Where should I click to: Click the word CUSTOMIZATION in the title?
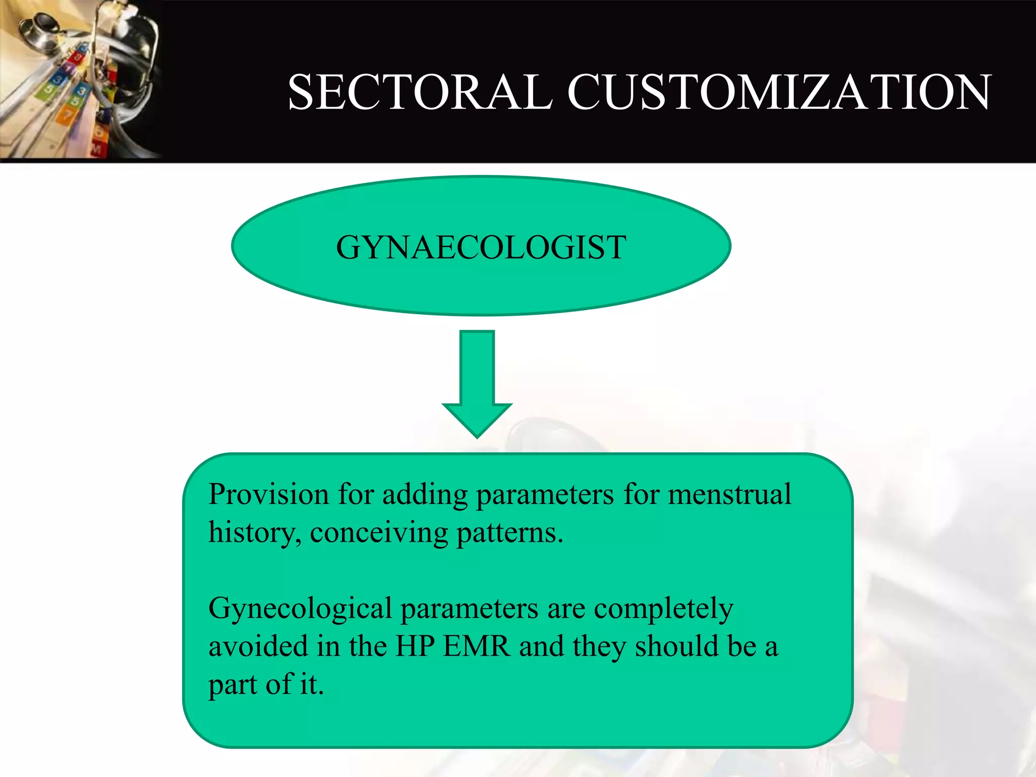click(x=779, y=92)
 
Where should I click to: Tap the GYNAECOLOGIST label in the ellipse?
click(x=481, y=247)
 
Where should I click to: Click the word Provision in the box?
click(x=269, y=494)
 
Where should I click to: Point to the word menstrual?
click(x=729, y=494)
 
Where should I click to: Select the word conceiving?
click(x=379, y=533)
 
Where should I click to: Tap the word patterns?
click(x=509, y=533)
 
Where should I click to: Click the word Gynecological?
click(x=300, y=609)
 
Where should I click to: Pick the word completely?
click(x=663, y=609)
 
